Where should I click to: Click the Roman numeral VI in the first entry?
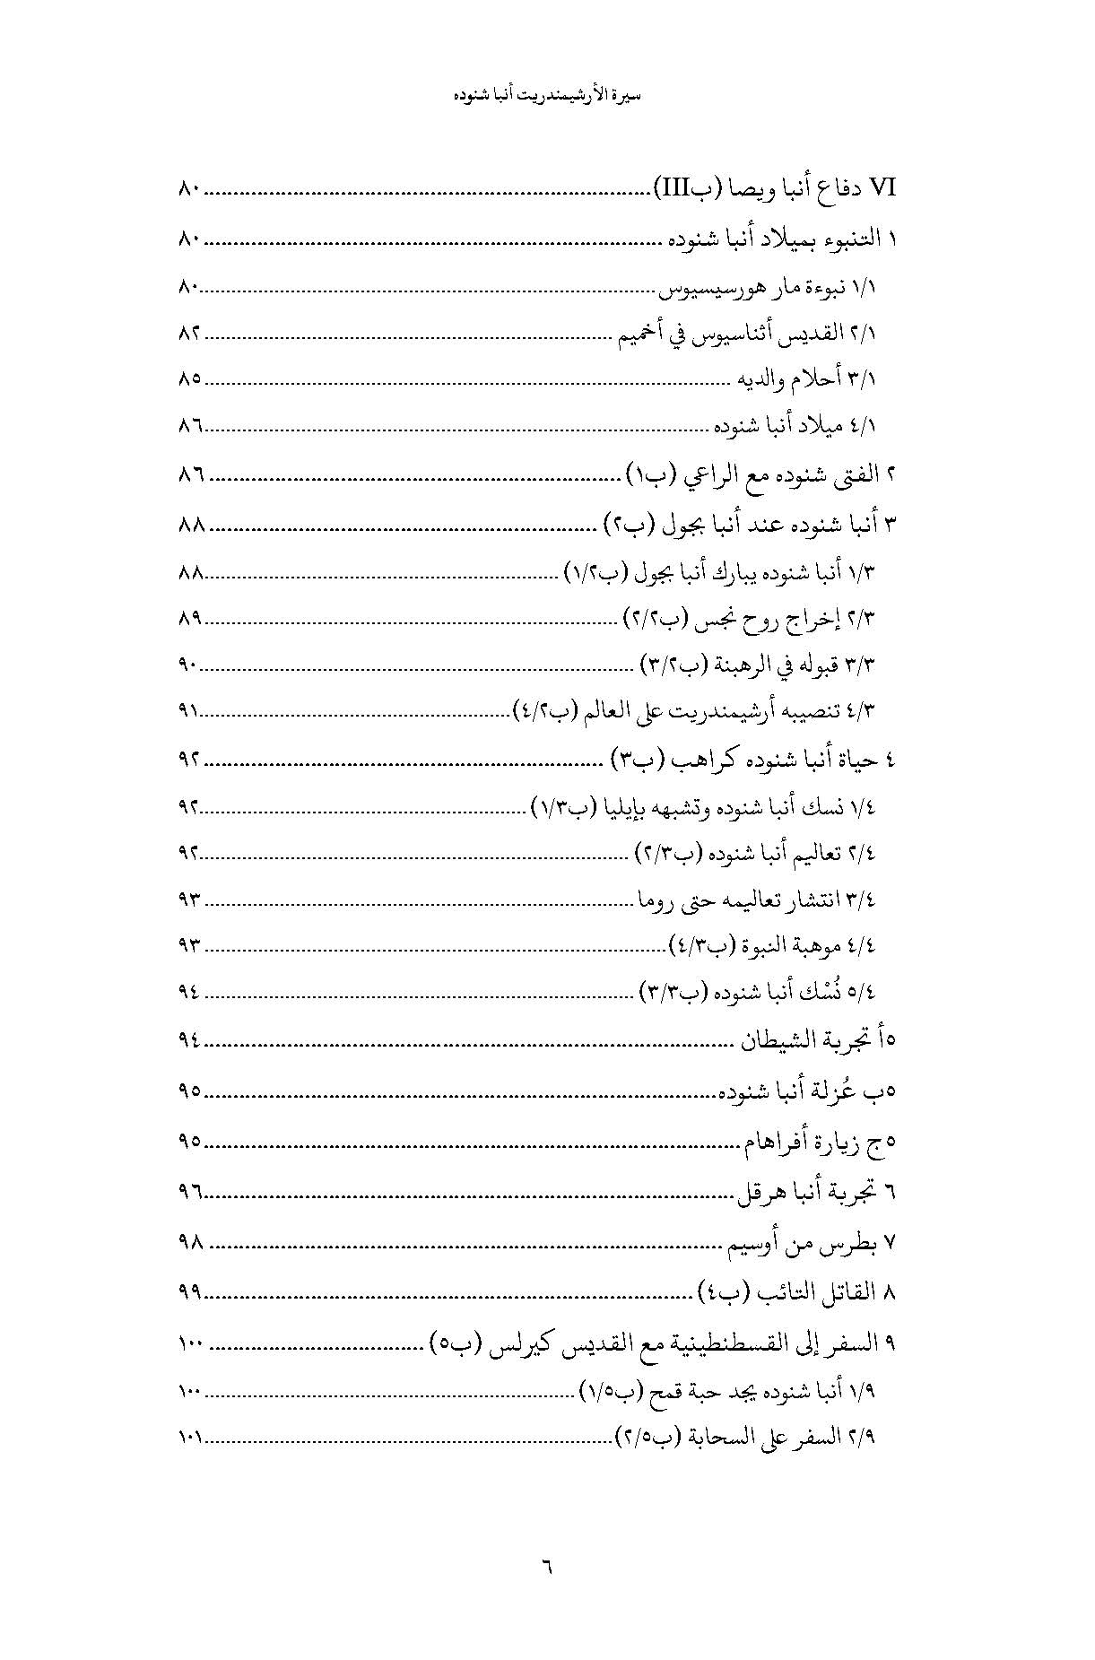click(883, 189)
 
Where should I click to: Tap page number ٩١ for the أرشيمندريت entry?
click(190, 712)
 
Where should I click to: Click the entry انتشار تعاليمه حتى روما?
click(755, 900)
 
